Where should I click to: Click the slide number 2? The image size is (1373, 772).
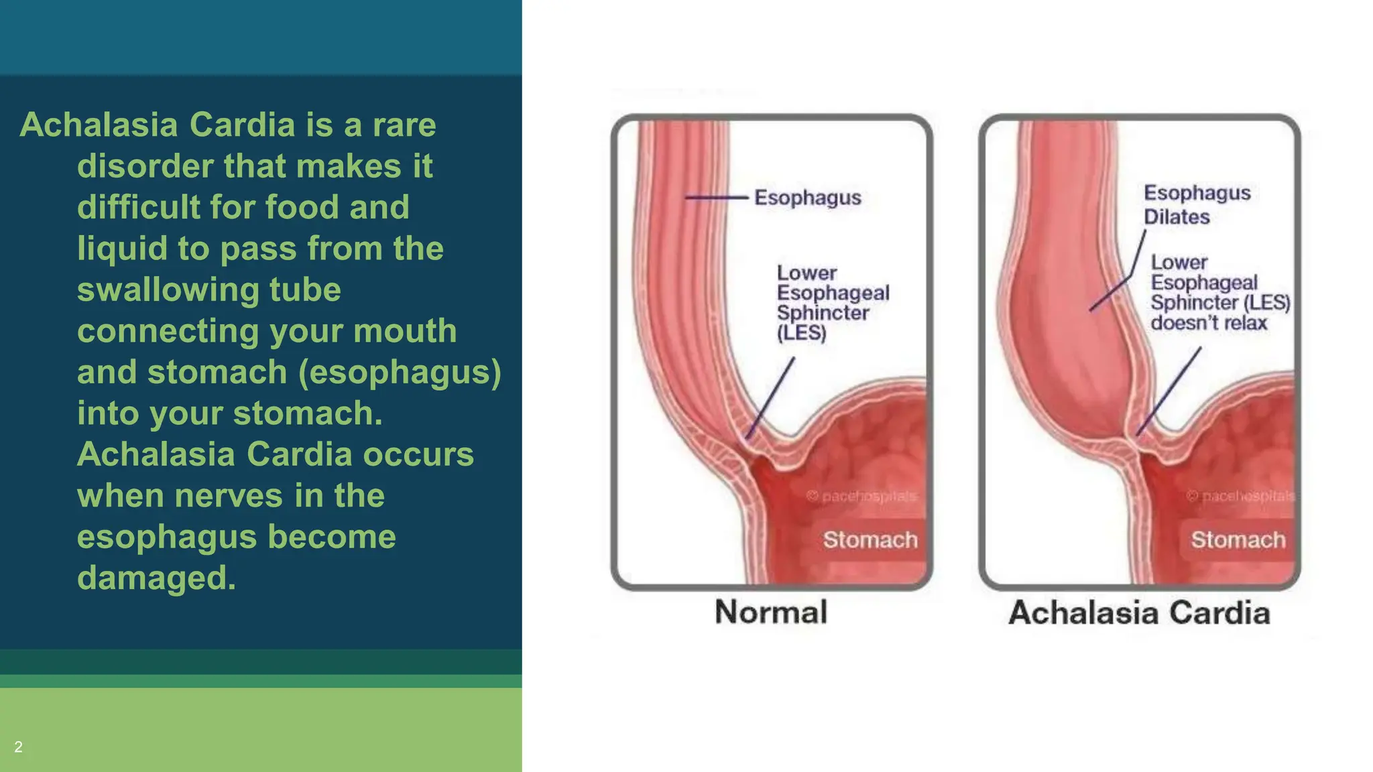coord(18,747)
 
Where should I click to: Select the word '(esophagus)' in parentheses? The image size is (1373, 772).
coord(400,373)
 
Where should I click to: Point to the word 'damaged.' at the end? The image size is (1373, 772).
coord(156,578)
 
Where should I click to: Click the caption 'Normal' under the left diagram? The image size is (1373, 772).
coord(771,612)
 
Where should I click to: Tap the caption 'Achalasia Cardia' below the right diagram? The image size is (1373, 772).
coord(1139,613)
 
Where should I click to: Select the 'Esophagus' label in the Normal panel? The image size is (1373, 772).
coord(807,198)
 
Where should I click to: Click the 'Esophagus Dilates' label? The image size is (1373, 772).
coord(1196,204)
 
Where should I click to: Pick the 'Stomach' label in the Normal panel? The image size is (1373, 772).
coord(870,539)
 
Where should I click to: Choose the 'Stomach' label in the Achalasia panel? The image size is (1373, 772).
coord(1238,539)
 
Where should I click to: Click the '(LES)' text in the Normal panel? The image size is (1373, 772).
coord(801,333)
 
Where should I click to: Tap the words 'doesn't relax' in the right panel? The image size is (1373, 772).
coord(1209,323)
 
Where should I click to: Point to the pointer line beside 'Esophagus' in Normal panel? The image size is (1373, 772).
coord(715,198)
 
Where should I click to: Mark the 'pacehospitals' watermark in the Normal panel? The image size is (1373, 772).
coord(862,496)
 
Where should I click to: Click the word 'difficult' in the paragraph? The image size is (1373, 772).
coord(137,208)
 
